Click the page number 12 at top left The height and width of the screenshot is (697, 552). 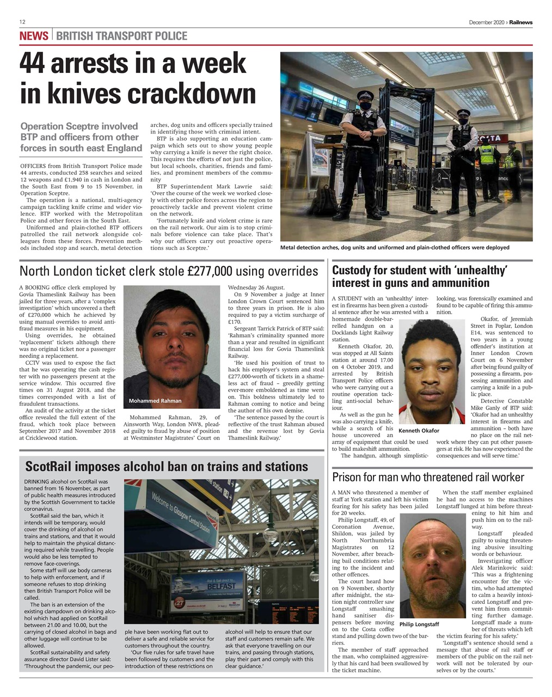(x=23, y=22)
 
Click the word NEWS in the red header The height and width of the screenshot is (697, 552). (x=34, y=36)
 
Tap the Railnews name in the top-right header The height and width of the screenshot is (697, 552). (x=521, y=22)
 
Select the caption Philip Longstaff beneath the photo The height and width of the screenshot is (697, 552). (x=419, y=624)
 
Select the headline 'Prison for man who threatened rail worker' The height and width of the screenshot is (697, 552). (x=428, y=478)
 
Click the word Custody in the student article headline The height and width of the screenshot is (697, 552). (x=353, y=271)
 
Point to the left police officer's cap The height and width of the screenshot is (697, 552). (x=363, y=94)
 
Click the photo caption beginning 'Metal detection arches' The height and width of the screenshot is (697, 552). (x=395, y=247)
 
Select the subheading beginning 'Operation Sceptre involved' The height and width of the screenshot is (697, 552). (x=81, y=137)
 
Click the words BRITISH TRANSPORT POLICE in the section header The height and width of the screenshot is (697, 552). (x=121, y=36)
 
